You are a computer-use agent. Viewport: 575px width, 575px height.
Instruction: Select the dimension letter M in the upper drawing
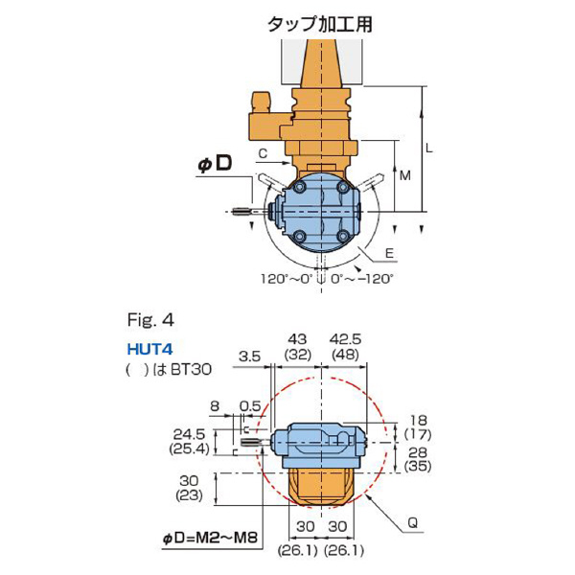coord(406,176)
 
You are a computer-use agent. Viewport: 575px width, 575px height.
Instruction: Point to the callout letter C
coord(262,152)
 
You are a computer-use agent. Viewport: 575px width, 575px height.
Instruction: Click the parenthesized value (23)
coord(188,496)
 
